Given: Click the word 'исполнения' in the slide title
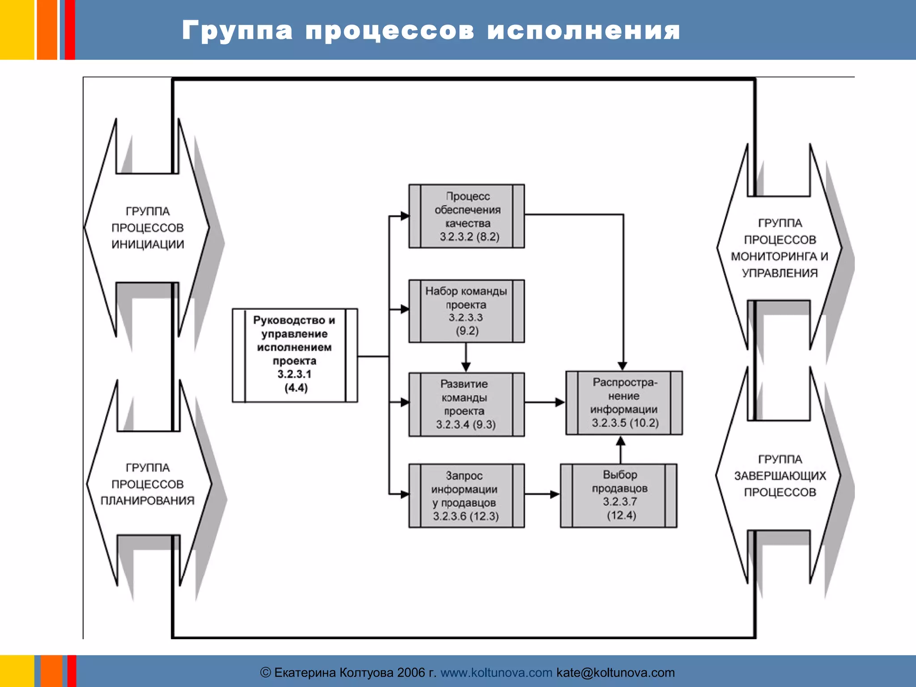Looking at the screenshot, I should pyautogui.click(x=584, y=31).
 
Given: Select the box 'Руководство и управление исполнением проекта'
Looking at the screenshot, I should pyautogui.click(x=295, y=355).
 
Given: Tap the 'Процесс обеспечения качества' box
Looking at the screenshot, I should pyautogui.click(x=466, y=216).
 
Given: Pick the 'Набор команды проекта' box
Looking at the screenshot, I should pyautogui.click(x=466, y=311).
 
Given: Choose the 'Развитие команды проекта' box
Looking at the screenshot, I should pyautogui.click(x=466, y=404).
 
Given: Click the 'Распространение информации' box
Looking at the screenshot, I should pyautogui.click(x=624, y=403).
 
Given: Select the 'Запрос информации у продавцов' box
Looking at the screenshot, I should pyautogui.click(x=466, y=496).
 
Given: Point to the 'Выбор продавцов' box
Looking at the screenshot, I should pyautogui.click(x=619, y=496).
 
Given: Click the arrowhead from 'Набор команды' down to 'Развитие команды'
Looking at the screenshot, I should pyautogui.click(x=466, y=367).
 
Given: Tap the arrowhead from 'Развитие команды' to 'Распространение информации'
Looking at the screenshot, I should pyautogui.click(x=560, y=402).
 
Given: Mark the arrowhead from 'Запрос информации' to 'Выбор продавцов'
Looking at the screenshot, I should pyautogui.click(x=555, y=494).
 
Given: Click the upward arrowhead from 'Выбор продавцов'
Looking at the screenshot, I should pyautogui.click(x=620, y=441).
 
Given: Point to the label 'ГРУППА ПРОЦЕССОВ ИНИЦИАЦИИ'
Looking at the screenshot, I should pyautogui.click(x=148, y=228).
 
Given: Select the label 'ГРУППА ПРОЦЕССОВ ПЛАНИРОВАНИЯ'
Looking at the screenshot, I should pyautogui.click(x=148, y=484).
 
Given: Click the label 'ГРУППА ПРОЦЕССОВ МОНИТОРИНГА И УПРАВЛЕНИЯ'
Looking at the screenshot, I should pyautogui.click(x=780, y=248).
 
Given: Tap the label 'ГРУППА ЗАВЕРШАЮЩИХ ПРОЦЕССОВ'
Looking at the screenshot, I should pyautogui.click(x=780, y=475).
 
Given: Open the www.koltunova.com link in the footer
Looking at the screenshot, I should pyautogui.click(x=496, y=672).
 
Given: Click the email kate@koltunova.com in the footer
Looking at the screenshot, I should pyautogui.click(x=615, y=672).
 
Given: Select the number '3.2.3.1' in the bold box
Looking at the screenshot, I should pyautogui.click(x=294, y=374).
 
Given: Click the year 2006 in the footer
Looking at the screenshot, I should pyautogui.click(x=411, y=672).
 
